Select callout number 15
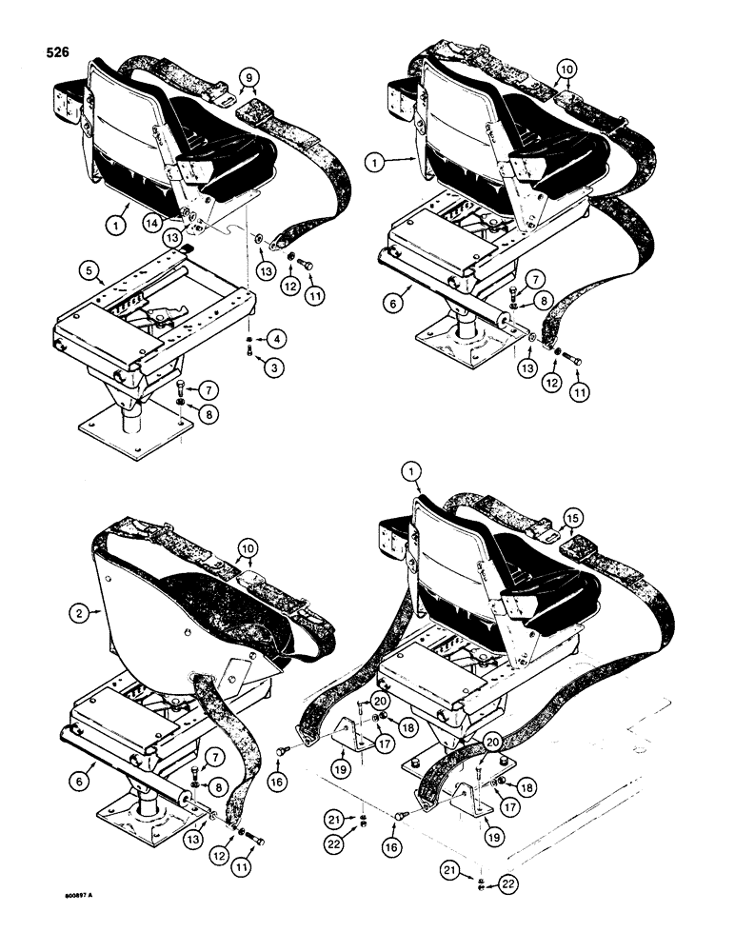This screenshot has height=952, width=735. (x=570, y=517)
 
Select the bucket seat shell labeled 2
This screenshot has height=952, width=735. (x=152, y=628)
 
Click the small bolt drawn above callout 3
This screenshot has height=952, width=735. (x=248, y=349)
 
